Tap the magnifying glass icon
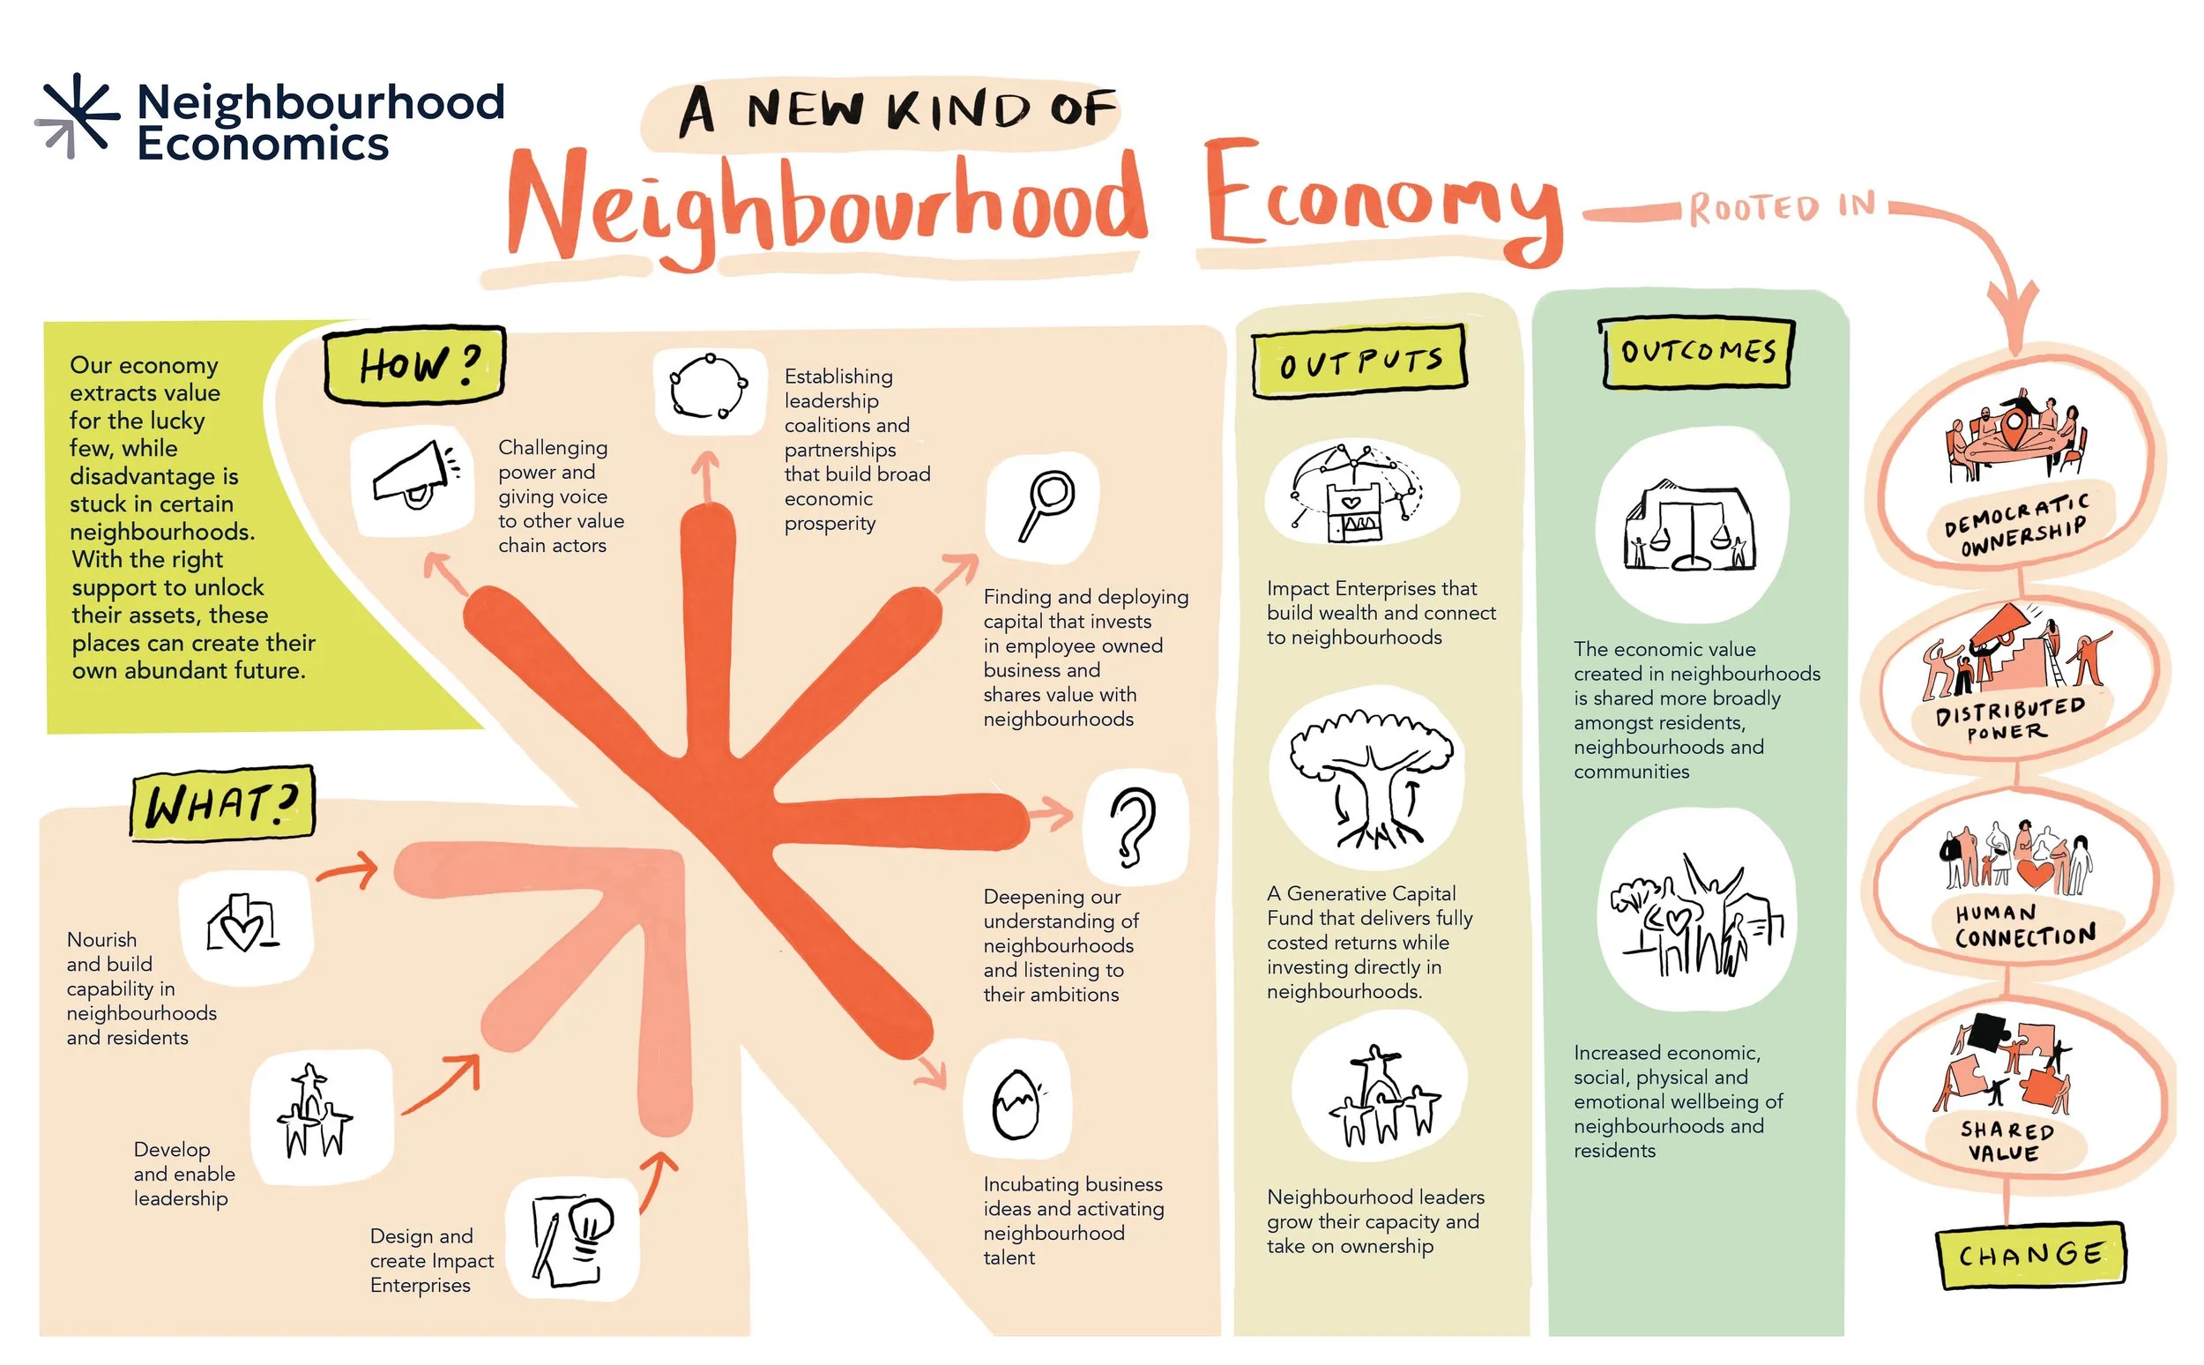point(1046,505)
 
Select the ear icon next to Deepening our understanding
point(1133,827)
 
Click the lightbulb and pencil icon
point(572,1240)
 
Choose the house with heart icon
point(242,925)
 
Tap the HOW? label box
point(415,365)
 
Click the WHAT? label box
point(222,803)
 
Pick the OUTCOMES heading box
point(1697,352)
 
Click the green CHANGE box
point(2030,1255)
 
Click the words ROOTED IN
point(1782,207)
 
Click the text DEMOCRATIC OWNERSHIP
point(2015,526)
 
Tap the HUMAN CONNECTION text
point(2022,926)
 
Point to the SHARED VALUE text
point(2006,1141)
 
